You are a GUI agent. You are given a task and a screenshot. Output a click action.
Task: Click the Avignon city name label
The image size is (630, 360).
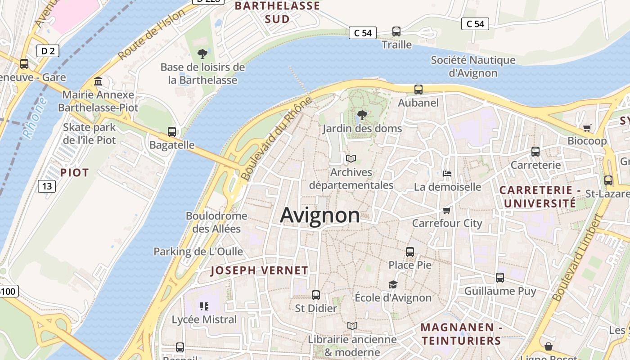(x=320, y=215)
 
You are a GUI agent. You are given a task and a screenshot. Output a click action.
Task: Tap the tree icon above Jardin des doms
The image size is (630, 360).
(x=362, y=115)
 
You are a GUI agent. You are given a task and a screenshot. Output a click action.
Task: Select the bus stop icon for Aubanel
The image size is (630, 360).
(x=418, y=89)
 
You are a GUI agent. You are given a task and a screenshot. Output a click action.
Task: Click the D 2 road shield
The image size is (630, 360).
(x=48, y=51)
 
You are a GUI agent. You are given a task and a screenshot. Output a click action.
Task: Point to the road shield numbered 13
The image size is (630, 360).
(x=46, y=185)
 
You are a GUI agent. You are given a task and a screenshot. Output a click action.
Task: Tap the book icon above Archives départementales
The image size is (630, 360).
(x=351, y=158)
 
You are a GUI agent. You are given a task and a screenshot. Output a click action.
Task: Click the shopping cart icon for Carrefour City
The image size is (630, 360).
(x=447, y=210)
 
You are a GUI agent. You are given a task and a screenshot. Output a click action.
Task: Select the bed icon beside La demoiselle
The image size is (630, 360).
(x=447, y=173)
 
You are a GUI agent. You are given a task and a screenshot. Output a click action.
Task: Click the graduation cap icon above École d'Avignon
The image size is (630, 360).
(x=393, y=284)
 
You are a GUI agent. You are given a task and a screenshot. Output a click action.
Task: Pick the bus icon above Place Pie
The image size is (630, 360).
(x=410, y=252)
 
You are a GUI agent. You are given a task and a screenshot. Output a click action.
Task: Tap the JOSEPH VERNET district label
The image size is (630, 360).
(x=259, y=270)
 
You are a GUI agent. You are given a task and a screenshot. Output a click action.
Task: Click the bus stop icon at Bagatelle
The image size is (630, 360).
(x=172, y=132)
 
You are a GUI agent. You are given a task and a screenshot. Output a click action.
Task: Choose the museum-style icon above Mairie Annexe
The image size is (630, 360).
(x=98, y=81)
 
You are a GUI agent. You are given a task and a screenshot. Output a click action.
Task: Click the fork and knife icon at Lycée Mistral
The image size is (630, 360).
(x=204, y=306)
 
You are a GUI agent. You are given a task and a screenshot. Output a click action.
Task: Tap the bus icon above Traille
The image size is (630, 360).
(x=396, y=31)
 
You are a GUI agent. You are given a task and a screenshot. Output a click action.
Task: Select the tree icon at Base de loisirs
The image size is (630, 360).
(x=202, y=54)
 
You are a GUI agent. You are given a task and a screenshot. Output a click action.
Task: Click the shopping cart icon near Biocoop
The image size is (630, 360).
(x=587, y=128)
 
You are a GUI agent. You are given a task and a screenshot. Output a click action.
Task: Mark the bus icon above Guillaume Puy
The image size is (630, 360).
(x=500, y=278)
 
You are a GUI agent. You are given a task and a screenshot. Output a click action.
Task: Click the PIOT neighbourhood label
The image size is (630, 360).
(x=74, y=172)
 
